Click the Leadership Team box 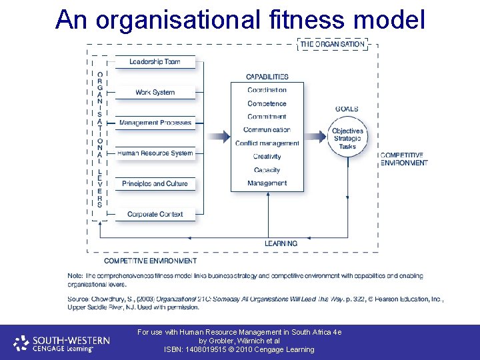tap(155, 62)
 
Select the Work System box tap(155, 93)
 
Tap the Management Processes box tap(155, 123)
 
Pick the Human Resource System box tap(155, 153)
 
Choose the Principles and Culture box tap(155, 184)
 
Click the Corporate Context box tap(155, 214)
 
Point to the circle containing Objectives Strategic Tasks tap(347, 139)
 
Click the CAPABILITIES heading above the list tap(267, 77)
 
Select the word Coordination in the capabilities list tap(267, 90)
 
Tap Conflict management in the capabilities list tap(267, 143)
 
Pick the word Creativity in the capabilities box tap(267, 157)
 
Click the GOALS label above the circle tap(347, 109)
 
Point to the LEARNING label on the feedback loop tap(281, 243)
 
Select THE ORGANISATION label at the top tap(332, 44)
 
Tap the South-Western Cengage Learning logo tap(63, 343)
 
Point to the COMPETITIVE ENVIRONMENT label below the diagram tap(150, 261)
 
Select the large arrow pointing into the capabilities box tap(217, 137)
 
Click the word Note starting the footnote tap(75, 275)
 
